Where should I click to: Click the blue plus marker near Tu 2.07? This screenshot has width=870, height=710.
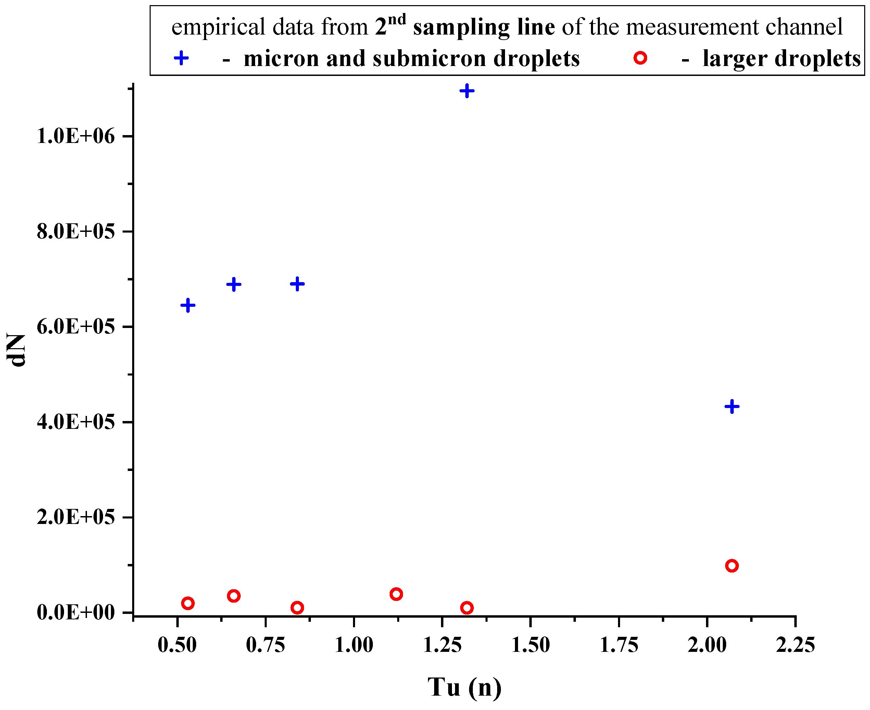[x=732, y=407]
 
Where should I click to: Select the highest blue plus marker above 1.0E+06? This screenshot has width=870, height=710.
[x=467, y=91]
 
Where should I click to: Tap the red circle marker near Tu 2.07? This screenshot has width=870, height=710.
[x=732, y=566]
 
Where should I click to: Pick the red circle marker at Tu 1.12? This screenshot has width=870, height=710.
[x=396, y=594]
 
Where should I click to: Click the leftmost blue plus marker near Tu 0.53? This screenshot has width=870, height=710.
[x=188, y=305]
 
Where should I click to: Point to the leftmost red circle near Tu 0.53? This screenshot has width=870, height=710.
[x=188, y=603]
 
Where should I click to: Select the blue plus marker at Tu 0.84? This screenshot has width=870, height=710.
[x=297, y=284]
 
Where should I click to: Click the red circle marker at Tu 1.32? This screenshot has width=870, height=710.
[x=467, y=608]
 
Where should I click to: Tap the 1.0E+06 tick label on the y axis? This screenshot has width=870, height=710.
[x=76, y=136]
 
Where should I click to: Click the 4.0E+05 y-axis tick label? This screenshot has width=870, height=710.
[x=76, y=422]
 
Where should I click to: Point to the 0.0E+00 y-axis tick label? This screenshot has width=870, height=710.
[x=76, y=613]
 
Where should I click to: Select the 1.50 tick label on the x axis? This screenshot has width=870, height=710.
[x=531, y=646]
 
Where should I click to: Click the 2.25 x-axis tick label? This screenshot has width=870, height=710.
[x=795, y=646]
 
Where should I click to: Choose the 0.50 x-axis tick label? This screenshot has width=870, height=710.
[x=177, y=646]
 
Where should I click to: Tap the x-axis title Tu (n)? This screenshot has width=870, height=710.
[x=464, y=687]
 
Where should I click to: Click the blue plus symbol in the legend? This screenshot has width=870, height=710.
[x=181, y=58]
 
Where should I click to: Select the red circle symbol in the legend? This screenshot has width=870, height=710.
[x=640, y=58]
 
